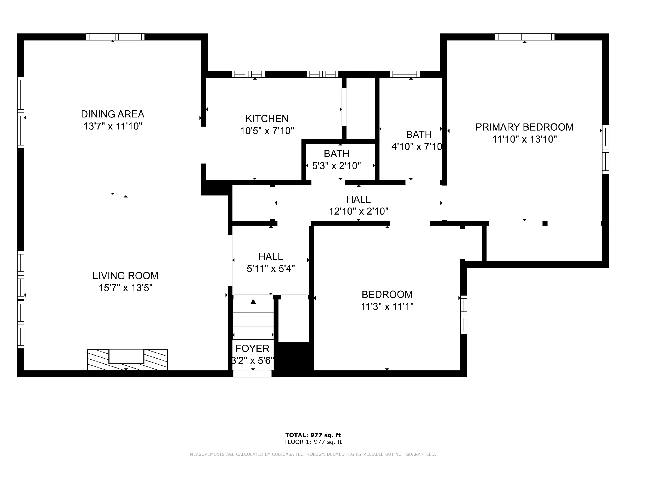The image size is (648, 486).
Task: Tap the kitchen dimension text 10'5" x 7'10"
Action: (x=267, y=131)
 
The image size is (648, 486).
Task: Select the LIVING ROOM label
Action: (x=125, y=276)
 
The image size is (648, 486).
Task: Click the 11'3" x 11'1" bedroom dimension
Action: (x=387, y=307)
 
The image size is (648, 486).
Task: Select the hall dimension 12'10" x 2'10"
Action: (x=358, y=211)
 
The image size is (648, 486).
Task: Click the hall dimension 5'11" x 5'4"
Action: (x=270, y=269)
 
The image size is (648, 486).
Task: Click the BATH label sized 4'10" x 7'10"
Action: (x=419, y=134)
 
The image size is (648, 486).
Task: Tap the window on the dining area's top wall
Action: (x=115, y=37)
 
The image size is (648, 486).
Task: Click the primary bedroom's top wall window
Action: (x=525, y=37)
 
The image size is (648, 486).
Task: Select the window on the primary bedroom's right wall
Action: (x=605, y=149)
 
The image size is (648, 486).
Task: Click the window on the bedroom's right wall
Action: (x=464, y=315)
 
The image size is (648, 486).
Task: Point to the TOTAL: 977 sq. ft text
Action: (x=313, y=435)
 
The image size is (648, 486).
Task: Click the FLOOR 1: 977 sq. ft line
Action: (x=313, y=442)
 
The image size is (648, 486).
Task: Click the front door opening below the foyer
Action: (x=252, y=374)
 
